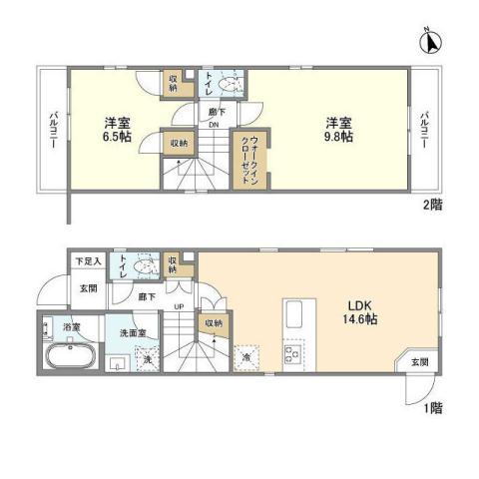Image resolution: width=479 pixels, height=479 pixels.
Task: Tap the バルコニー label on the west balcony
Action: pos(53,131)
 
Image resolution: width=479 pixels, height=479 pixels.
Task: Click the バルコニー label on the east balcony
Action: pos(423,131)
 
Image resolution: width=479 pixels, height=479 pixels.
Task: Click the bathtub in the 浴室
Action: pos(67,356)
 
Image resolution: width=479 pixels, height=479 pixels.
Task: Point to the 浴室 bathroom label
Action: pos(72,325)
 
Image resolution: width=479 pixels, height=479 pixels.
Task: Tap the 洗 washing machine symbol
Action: pos(147,360)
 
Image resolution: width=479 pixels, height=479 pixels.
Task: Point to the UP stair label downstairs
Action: pos(179,307)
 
